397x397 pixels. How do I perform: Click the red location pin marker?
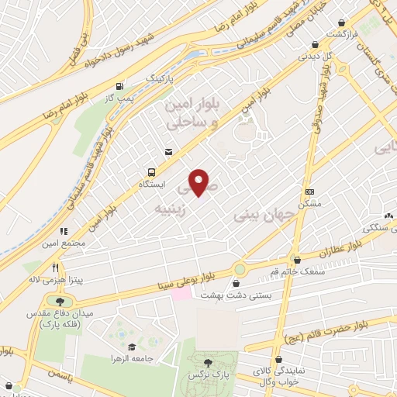[x=200, y=181]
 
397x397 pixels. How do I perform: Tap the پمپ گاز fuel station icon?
[x=119, y=86]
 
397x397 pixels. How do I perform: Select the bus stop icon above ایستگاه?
[x=150, y=172]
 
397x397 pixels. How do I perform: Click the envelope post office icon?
[x=167, y=152]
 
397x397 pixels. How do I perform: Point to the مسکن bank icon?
[x=310, y=192]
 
